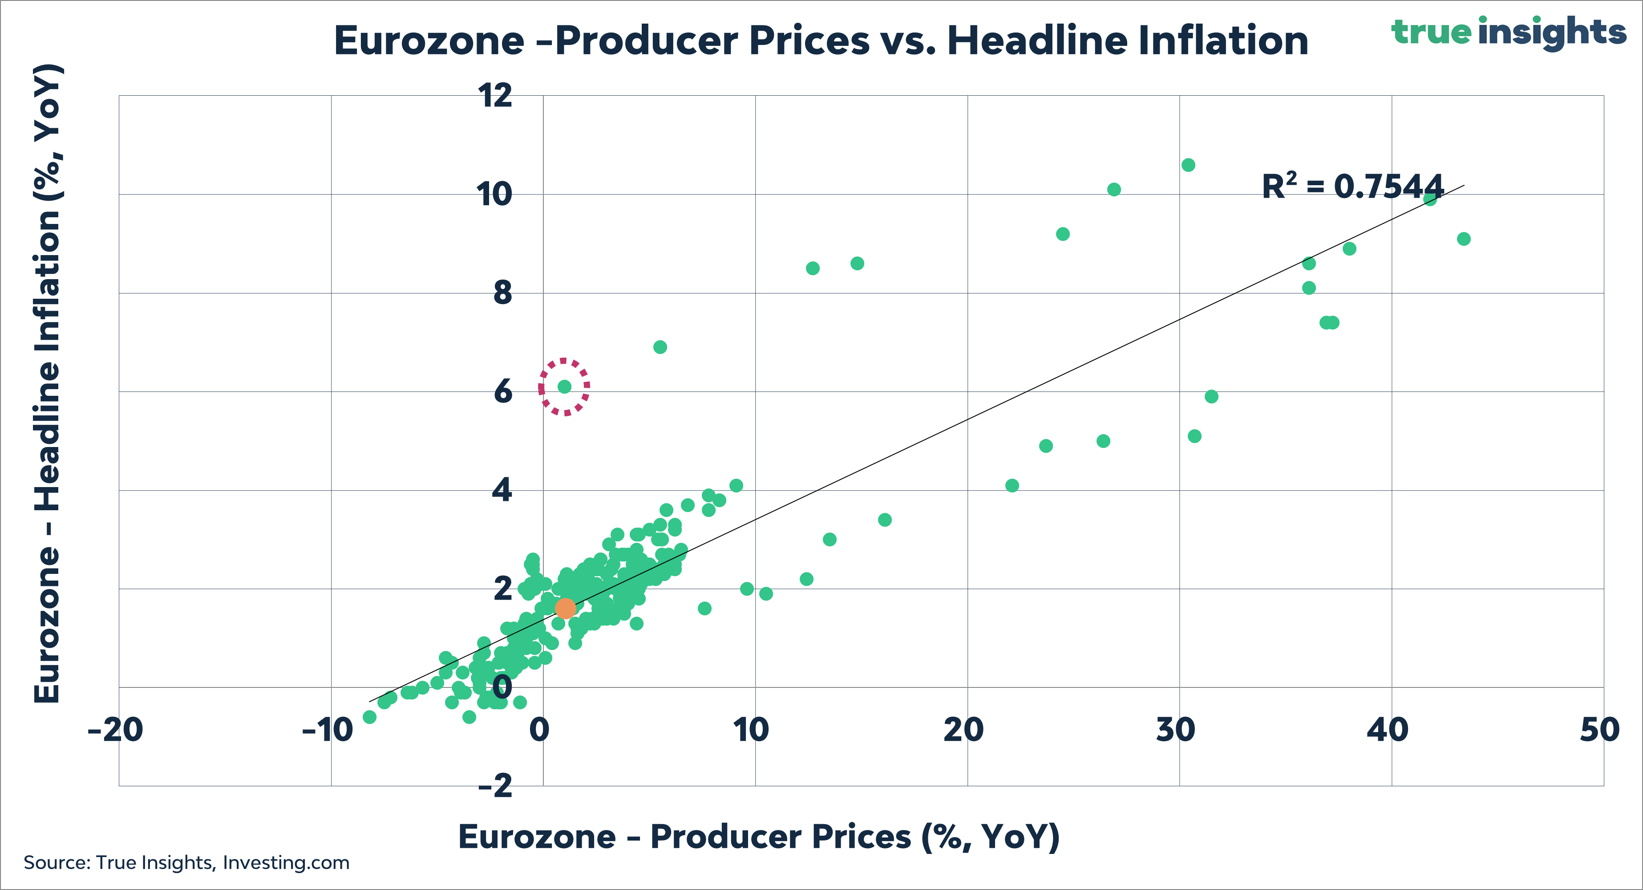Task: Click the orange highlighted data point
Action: [565, 608]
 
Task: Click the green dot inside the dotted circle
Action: [564, 386]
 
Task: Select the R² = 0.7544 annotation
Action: [1352, 187]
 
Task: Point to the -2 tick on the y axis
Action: [496, 785]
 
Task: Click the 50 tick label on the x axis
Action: [1599, 730]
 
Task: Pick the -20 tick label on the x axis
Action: [115, 730]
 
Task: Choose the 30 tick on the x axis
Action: [1175, 730]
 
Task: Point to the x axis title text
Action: [759, 837]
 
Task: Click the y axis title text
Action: [47, 383]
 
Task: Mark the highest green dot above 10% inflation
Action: [1188, 165]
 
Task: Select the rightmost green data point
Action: [1464, 239]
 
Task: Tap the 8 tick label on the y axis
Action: [502, 293]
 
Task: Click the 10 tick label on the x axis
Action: [751, 730]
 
